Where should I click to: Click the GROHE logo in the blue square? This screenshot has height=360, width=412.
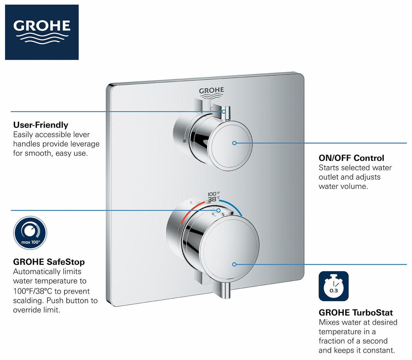[42, 32]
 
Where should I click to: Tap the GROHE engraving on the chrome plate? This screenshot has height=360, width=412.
[211, 91]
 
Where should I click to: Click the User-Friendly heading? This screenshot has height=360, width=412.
[41, 125]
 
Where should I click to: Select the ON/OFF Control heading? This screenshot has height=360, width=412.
[351, 158]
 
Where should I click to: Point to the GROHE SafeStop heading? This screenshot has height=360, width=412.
[49, 262]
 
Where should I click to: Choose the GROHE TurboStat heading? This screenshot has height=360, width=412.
[356, 313]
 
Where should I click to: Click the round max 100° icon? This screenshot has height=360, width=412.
[30, 232]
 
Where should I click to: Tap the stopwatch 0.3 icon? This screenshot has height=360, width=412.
[333, 286]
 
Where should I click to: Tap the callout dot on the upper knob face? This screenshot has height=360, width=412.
[234, 143]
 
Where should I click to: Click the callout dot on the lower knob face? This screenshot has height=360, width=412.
[234, 264]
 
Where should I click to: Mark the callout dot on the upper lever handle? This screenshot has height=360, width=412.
[224, 112]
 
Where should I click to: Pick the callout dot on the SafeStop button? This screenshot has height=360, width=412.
[219, 210]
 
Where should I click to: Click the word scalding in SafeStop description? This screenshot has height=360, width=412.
[29, 301]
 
